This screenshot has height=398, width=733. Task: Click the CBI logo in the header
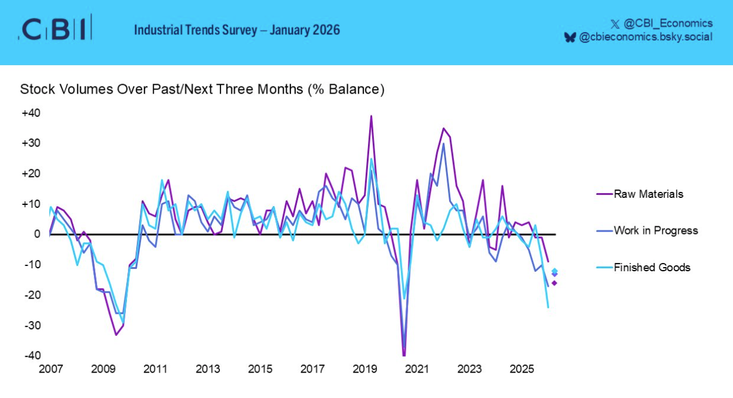55,28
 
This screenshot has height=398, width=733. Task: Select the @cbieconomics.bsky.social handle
645,37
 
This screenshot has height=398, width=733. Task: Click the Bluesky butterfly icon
570,37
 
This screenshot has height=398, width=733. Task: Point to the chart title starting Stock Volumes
202,89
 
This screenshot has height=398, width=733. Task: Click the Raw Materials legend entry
648,194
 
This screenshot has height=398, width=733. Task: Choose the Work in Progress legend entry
655,230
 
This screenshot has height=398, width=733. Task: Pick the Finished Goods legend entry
652,267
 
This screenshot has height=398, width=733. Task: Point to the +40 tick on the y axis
31,113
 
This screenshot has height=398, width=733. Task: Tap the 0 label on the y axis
37,235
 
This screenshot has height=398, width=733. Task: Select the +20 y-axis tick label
31,174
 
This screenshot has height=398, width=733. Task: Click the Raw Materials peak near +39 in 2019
371,116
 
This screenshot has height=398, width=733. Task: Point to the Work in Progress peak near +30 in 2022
443,143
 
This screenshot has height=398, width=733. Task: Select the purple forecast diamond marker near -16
555,283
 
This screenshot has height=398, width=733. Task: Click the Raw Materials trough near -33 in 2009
116,335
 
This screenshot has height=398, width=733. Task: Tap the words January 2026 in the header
305,29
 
